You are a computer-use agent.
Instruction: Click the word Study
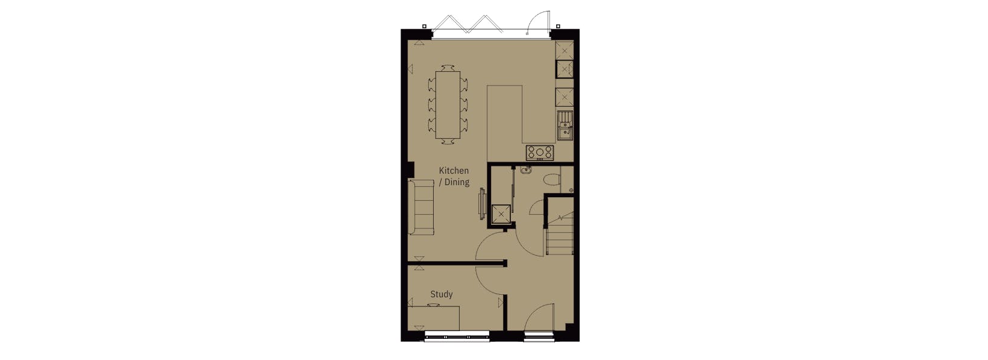441,294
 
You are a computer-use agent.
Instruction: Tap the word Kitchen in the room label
454,171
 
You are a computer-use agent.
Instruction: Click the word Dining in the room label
457,182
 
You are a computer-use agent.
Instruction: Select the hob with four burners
539,153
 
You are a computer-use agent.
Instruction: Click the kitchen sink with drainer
565,125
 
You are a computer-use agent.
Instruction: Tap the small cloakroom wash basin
525,170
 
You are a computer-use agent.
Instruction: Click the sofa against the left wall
421,207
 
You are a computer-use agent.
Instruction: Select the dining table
448,105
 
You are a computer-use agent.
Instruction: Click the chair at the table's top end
448,68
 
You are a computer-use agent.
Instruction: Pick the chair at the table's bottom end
448,142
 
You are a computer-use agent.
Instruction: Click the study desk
434,317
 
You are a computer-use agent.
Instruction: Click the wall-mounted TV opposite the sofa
481,203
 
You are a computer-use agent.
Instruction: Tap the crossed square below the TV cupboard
501,214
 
